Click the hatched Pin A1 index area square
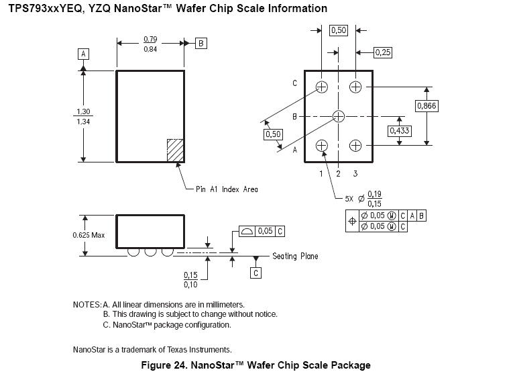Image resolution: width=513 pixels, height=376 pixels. pos(175,149)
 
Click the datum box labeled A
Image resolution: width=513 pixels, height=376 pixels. pos(84,53)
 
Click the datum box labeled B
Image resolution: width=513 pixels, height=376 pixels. pos(201,43)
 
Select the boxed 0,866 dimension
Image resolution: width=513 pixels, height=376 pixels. pos(426,106)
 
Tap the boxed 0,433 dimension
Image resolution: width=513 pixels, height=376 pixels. pos(400,131)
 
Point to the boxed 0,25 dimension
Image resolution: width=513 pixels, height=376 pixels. pos(382,52)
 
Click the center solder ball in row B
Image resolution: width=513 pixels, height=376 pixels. pos(339,116)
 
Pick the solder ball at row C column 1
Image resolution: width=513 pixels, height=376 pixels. pos(322,87)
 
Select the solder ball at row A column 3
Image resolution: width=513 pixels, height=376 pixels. pos(355,146)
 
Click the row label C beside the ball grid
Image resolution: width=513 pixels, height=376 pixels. pos(294,84)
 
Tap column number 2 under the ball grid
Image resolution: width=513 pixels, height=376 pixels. pos(339,174)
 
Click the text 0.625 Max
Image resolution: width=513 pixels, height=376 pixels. pos(88,236)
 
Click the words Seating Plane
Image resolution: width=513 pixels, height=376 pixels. pos(295,256)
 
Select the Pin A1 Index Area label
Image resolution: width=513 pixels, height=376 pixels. pos(227,189)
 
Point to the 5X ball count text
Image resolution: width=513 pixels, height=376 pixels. pos(349,199)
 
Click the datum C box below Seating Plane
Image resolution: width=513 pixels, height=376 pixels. pos(255,273)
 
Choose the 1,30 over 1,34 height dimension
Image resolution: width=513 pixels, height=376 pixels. pos(83,116)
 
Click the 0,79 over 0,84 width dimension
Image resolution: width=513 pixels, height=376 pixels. pos(151,44)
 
